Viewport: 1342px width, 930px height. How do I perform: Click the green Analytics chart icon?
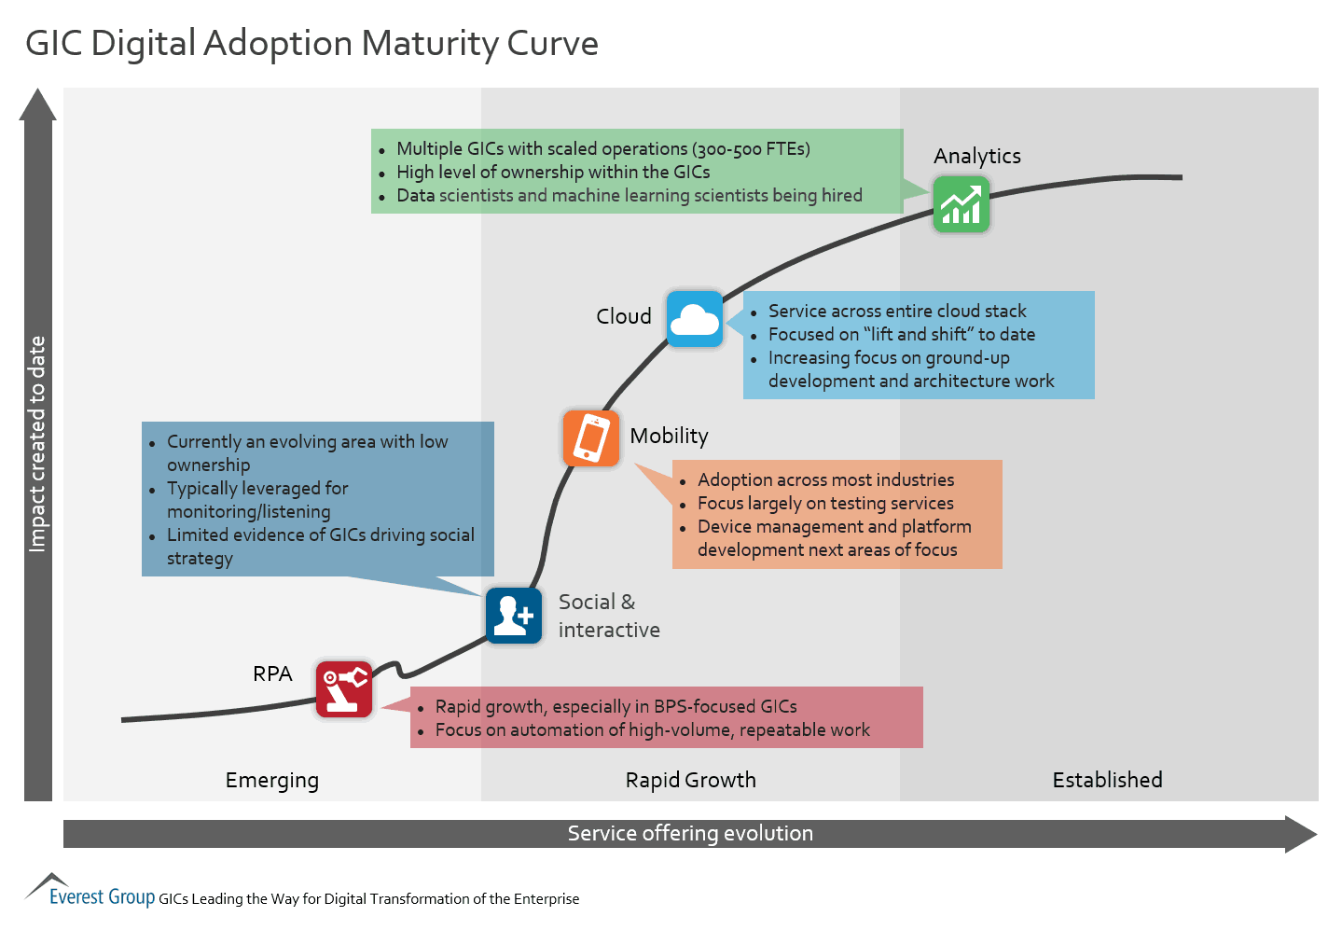961,204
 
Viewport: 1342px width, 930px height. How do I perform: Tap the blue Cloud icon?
695,319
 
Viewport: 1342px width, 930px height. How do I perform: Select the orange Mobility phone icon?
591,437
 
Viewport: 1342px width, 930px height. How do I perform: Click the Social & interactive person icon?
513,616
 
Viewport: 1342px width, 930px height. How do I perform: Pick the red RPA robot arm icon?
343,689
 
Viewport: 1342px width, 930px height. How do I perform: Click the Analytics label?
977,156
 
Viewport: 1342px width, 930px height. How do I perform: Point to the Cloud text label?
624,316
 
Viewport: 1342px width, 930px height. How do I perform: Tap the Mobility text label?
669,436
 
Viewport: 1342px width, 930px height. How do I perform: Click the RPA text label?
272,673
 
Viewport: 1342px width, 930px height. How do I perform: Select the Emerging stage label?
272,780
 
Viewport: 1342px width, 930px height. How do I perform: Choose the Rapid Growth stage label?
690,780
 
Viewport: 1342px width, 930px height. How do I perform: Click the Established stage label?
1107,780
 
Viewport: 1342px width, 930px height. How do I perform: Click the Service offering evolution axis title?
690,833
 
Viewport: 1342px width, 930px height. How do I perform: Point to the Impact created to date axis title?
37,444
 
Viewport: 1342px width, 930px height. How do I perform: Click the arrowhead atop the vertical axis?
38,104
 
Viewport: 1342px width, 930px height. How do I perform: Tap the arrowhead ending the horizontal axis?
1301,834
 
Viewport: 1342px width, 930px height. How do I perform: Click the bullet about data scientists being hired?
629,196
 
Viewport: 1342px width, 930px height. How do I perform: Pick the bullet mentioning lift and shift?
901,334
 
